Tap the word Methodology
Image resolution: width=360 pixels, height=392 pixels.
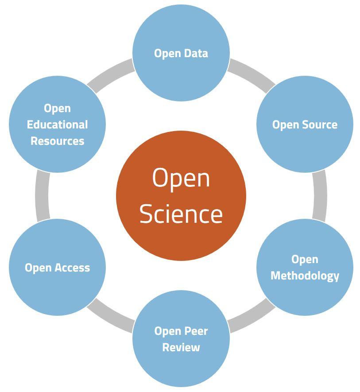tap(305, 276)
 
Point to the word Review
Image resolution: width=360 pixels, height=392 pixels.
tap(181, 347)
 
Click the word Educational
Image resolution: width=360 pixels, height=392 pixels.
tap(57, 124)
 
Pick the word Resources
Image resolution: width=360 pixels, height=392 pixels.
tap(57, 141)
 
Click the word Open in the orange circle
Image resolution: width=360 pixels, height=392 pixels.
tap(181, 178)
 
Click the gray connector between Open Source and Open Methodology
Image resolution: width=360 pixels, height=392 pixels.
tap(320, 195)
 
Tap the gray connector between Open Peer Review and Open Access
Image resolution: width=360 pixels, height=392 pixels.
tap(111, 316)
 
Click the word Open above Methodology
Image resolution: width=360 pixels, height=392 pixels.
tap(305, 259)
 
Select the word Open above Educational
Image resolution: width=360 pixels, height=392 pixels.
tap(57, 108)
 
